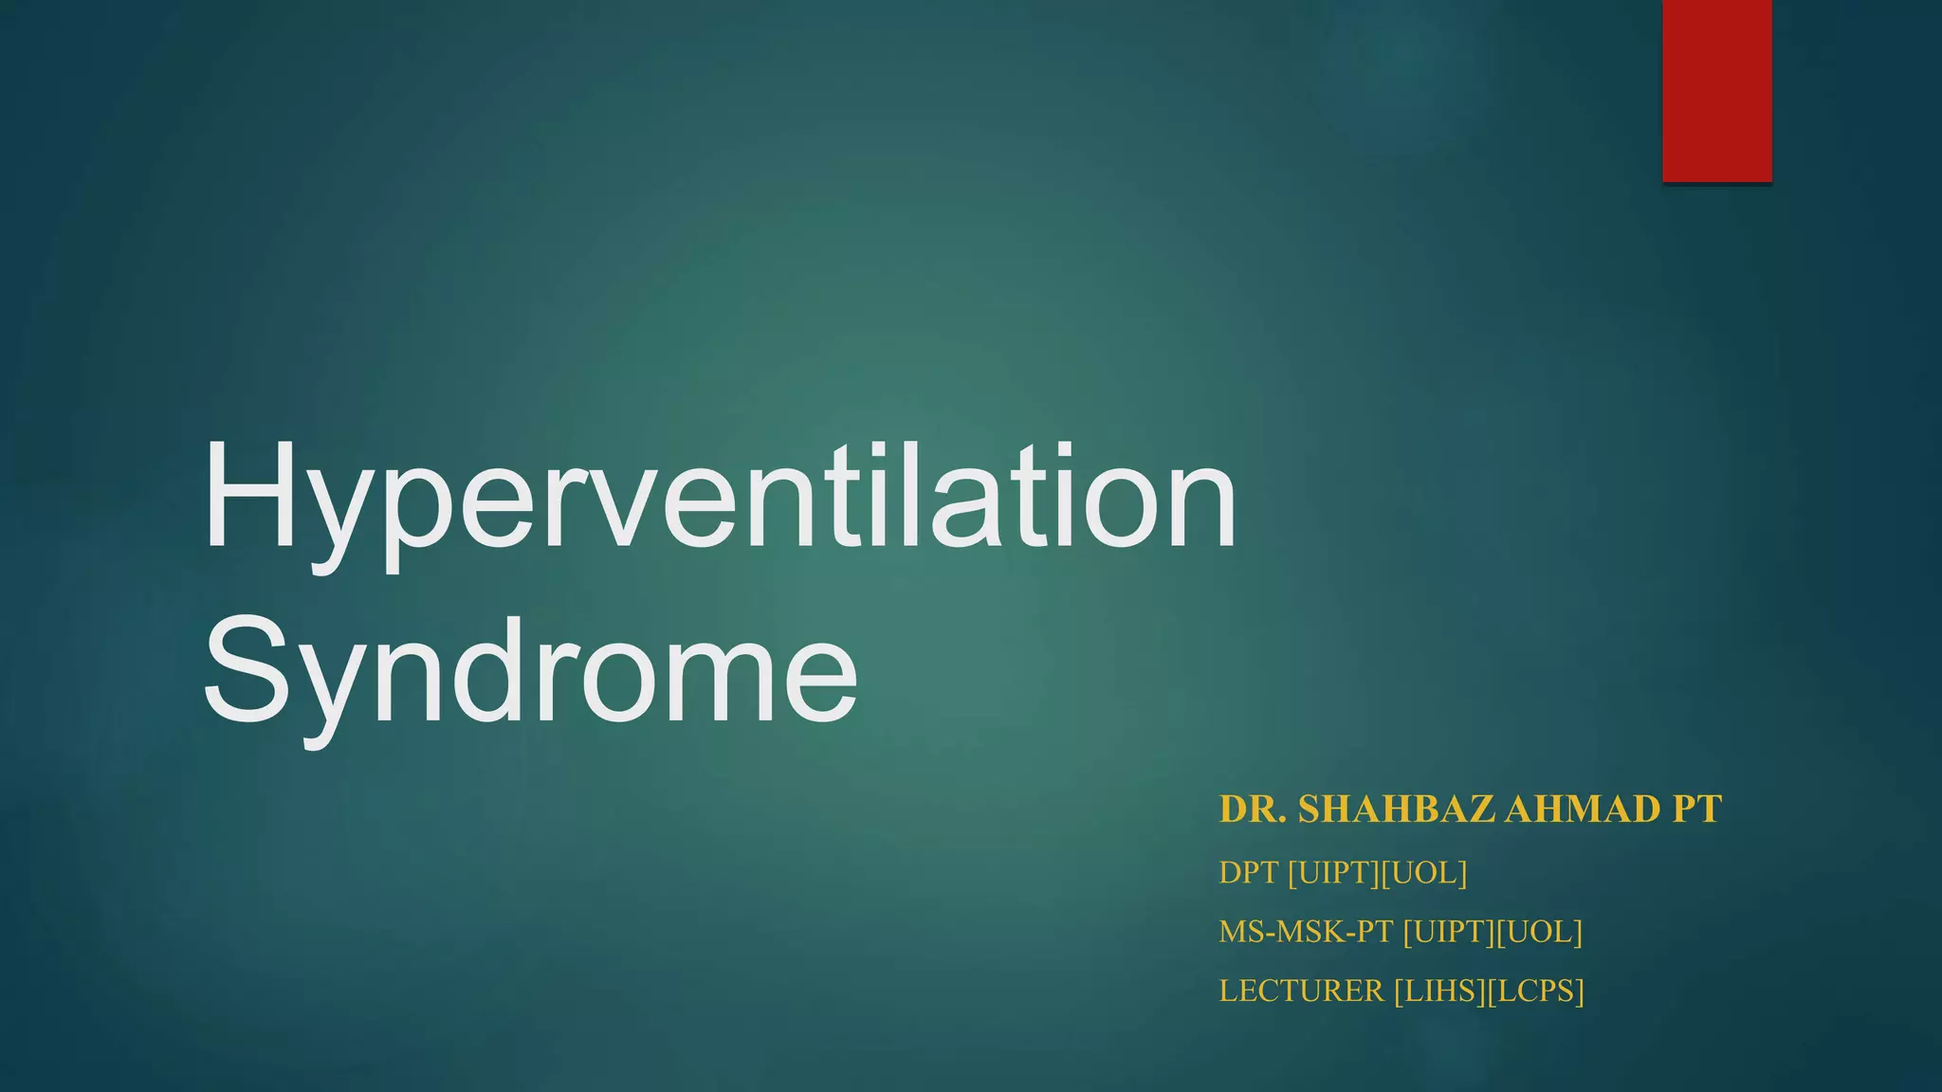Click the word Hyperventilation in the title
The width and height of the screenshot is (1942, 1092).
click(x=719, y=498)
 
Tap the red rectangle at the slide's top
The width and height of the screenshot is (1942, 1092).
click(x=1716, y=90)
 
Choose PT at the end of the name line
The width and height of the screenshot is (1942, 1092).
click(x=1696, y=810)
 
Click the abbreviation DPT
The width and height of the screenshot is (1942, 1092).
click(x=1249, y=872)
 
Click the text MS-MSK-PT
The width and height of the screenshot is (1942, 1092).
click(x=1306, y=932)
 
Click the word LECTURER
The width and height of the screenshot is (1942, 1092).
click(x=1301, y=991)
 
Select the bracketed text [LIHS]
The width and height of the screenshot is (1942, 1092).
click(x=1439, y=991)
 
